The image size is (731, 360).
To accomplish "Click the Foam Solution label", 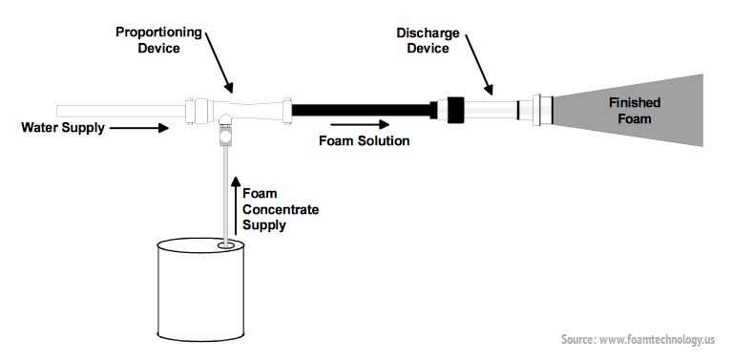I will (x=364, y=140).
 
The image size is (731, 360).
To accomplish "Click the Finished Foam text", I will (x=633, y=111).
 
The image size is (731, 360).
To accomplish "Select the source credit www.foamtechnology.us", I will (x=637, y=339).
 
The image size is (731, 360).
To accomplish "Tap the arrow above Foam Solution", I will (x=360, y=123).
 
